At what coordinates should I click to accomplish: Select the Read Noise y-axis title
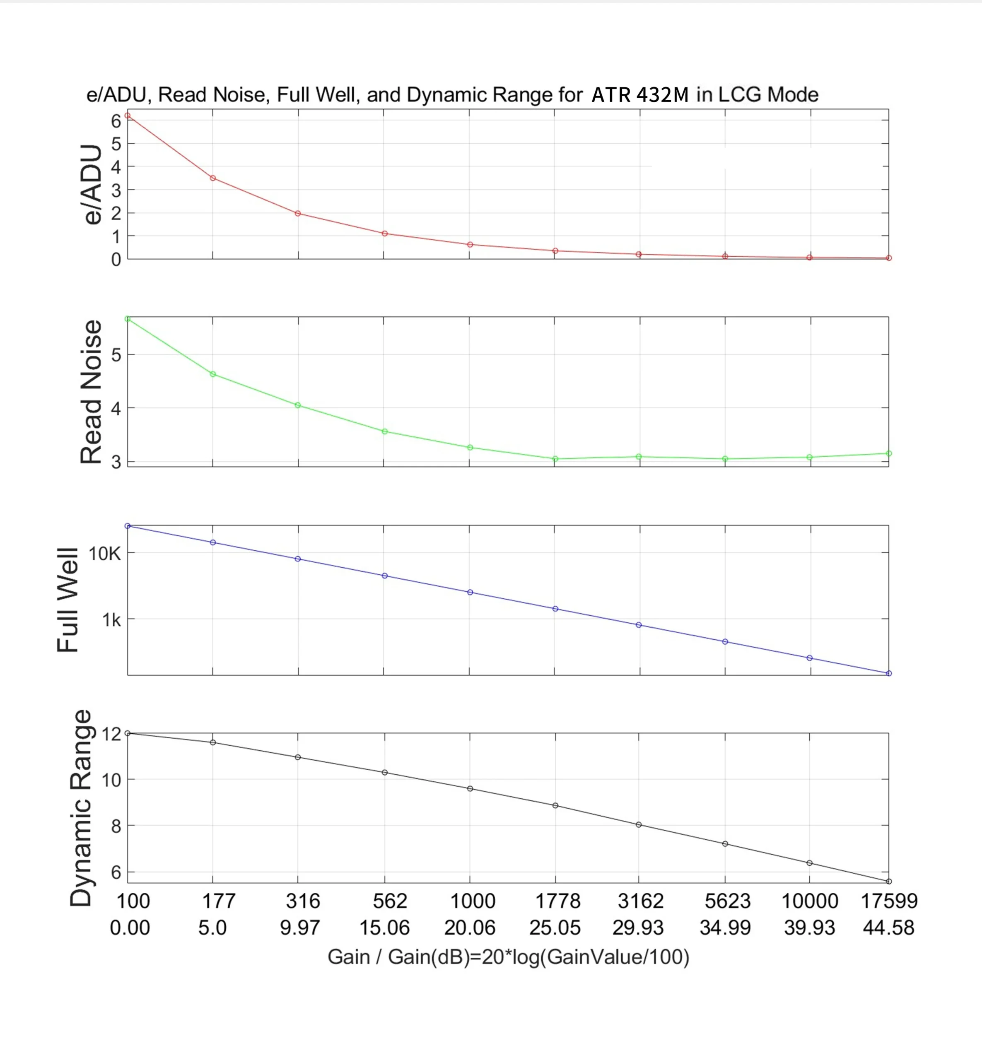(91, 392)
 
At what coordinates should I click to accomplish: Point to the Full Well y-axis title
(68, 600)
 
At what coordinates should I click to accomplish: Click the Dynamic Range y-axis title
(81, 807)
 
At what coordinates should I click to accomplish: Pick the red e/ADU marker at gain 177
(212, 178)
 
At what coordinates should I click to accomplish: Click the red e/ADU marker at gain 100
(128, 115)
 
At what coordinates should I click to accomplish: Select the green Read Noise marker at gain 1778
(555, 458)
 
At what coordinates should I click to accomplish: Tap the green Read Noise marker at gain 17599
(889, 453)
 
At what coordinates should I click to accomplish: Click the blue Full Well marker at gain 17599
(889, 673)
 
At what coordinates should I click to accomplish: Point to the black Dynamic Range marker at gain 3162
(639, 825)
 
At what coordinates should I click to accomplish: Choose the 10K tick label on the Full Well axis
(105, 554)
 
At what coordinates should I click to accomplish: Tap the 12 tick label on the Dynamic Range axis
(111, 734)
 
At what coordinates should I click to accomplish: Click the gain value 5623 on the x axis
(727, 901)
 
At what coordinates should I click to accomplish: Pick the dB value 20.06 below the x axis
(470, 927)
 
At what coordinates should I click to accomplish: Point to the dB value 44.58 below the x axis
(888, 927)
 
